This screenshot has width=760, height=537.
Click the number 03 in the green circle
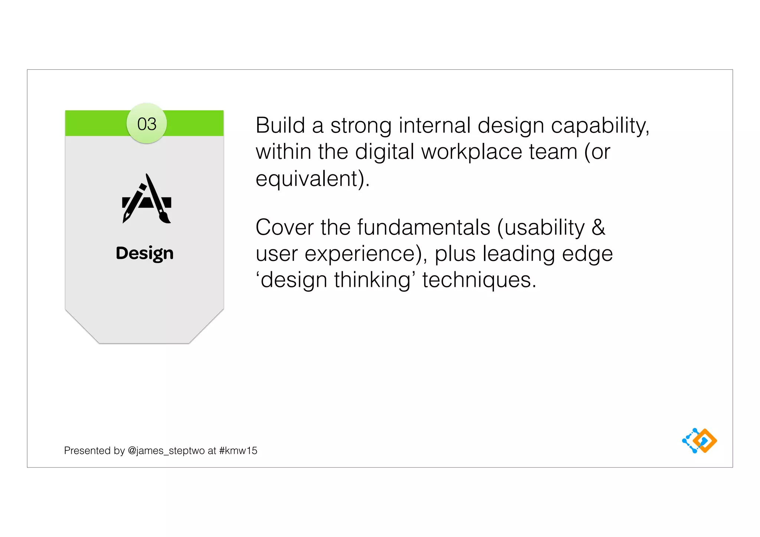[x=147, y=124]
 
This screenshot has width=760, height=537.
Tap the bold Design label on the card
[x=145, y=253]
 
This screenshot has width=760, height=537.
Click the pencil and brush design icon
[x=147, y=199]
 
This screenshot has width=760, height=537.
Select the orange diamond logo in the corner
[x=705, y=441]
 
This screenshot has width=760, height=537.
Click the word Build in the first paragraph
[x=280, y=125]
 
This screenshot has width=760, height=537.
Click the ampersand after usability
[x=598, y=227]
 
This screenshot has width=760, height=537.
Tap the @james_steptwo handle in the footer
[x=166, y=451]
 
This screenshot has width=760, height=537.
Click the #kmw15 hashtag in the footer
[x=238, y=451]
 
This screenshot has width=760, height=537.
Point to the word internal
[x=435, y=125]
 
